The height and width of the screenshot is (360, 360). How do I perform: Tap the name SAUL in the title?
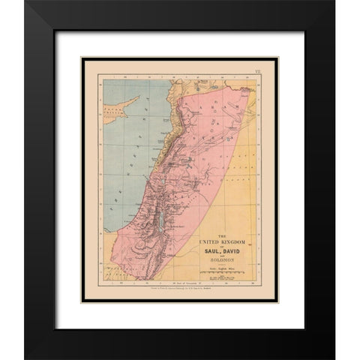[208, 251]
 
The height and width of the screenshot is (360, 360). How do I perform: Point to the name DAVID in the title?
[232, 251]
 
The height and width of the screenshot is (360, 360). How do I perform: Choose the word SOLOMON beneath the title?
[220, 259]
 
